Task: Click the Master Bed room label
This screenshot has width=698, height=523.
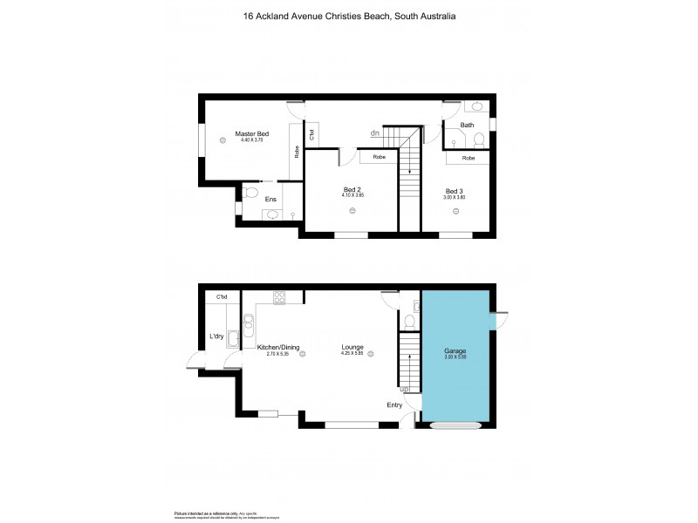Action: [251, 133]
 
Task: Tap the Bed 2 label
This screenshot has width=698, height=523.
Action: [352, 191]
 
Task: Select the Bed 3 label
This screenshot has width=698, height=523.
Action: [455, 191]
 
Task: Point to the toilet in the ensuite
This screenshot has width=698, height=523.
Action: [250, 192]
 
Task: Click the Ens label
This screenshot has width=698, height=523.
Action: [270, 199]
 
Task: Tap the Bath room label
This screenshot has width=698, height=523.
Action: [467, 126]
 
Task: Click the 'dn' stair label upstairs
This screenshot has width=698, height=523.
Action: [374, 133]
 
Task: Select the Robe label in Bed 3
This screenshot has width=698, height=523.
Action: [469, 158]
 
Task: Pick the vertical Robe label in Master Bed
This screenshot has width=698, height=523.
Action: [298, 151]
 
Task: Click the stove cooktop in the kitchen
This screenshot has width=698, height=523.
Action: [280, 298]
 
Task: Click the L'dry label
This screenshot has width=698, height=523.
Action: [217, 336]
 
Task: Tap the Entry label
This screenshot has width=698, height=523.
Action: [395, 405]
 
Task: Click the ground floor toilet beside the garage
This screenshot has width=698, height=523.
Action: [407, 321]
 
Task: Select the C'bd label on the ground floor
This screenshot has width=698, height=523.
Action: [222, 298]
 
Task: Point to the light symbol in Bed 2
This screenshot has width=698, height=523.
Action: [352, 211]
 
